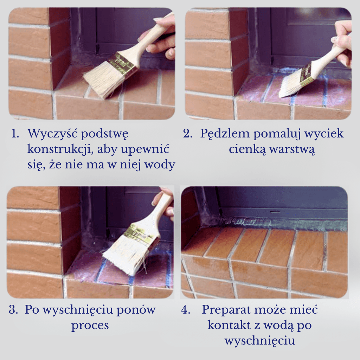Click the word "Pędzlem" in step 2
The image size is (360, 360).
226,134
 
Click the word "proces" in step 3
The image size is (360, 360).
90,326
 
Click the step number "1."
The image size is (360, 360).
15,134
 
